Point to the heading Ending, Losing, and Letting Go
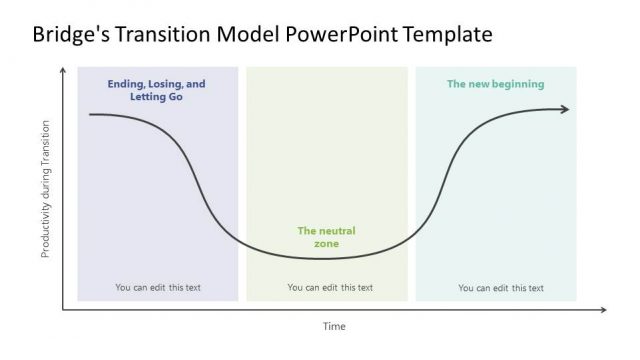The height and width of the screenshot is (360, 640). tap(156, 91)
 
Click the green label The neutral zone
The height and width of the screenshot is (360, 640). tap(326, 237)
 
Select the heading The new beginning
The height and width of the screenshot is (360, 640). tap(495, 84)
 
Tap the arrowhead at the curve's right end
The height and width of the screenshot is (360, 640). tap(565, 109)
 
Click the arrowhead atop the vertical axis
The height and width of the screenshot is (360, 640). tap(64, 70)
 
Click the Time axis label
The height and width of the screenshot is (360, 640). tap(334, 326)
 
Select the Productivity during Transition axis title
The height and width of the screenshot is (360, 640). tap(45, 190)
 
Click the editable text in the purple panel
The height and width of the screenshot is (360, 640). tap(158, 288)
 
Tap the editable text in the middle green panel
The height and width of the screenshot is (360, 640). tap(330, 288)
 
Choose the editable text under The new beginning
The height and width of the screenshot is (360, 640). tap(501, 288)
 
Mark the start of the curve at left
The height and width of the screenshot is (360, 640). tap(91, 115)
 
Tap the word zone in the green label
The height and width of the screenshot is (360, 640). tap(326, 244)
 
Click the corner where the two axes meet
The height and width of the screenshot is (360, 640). tap(64, 310)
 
